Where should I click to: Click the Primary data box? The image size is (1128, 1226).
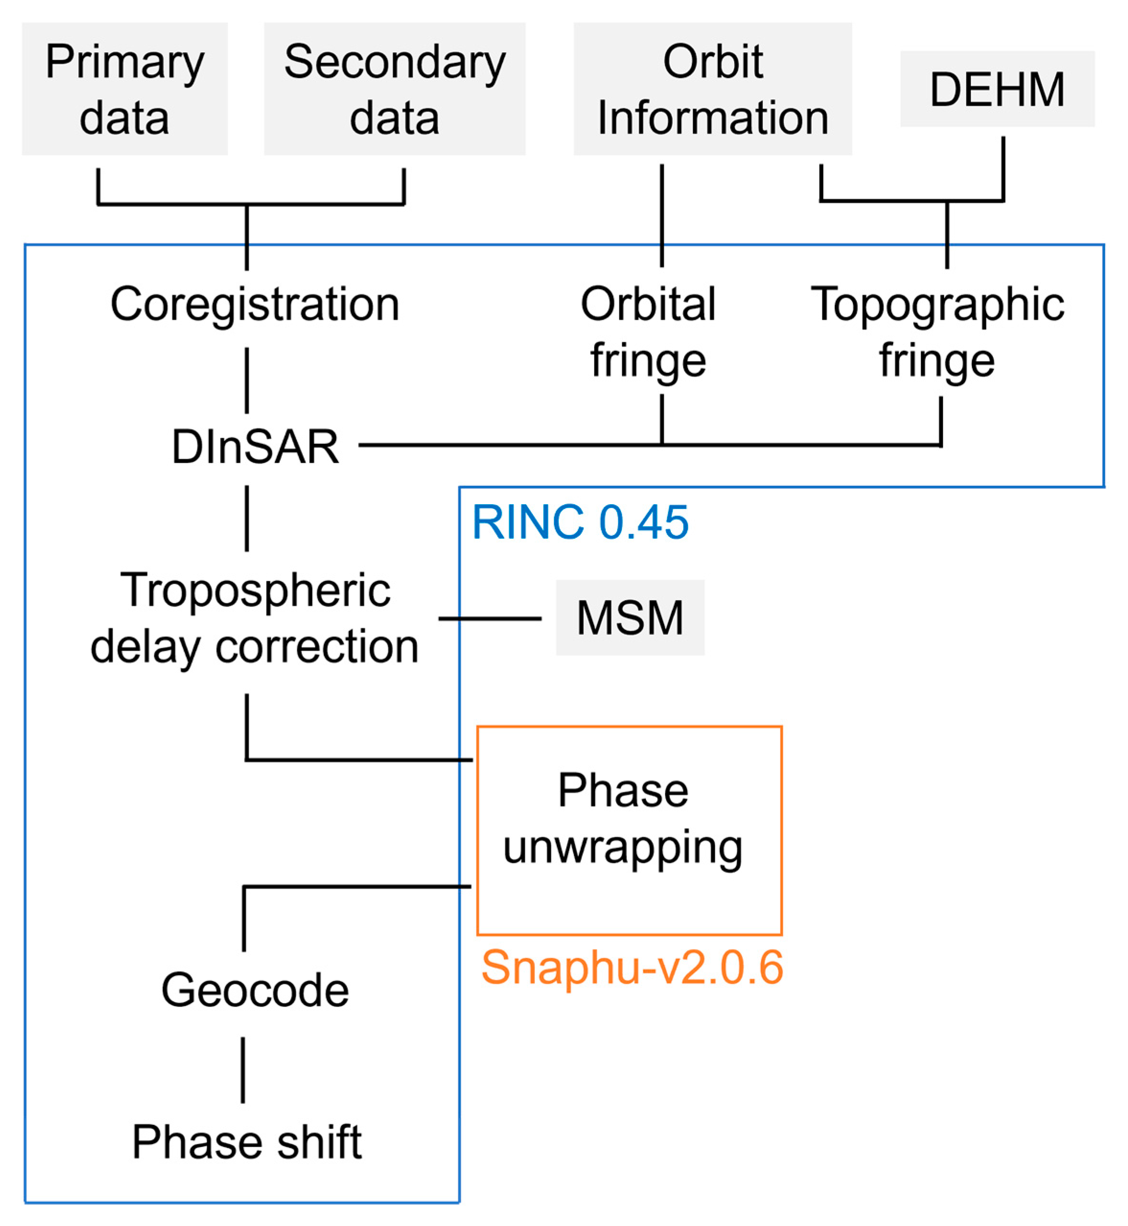[x=125, y=89]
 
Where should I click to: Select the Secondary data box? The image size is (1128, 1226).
[x=394, y=89]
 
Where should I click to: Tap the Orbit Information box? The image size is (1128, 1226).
[x=713, y=89]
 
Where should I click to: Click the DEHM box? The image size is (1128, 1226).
[x=997, y=89]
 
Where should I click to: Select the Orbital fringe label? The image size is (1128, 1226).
[x=648, y=332]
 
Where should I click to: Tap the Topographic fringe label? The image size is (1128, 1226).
[x=937, y=332]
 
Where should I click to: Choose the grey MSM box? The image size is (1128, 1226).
[x=630, y=618]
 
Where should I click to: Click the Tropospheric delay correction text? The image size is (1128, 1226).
[x=254, y=618]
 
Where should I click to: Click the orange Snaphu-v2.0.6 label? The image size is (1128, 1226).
[x=632, y=968]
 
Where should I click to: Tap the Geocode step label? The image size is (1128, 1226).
[x=254, y=990]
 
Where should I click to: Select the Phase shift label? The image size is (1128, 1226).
[x=247, y=1142]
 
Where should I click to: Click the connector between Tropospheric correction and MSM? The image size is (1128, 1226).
[x=490, y=618]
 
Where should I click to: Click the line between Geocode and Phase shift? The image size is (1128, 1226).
[x=243, y=1070]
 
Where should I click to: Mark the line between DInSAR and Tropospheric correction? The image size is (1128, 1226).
[x=247, y=519]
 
